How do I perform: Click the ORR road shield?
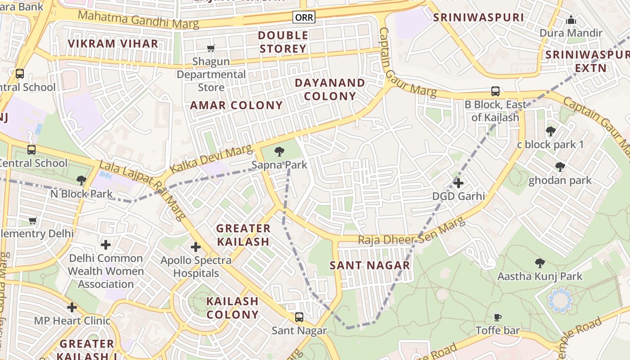(304, 17)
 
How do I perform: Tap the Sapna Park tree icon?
(279, 151)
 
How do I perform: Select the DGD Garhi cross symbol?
(458, 183)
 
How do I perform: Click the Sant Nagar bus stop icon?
(299, 317)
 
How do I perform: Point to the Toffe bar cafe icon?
(498, 317)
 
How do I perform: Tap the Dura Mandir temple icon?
(571, 20)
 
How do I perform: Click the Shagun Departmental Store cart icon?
(211, 48)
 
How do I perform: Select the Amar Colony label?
(236, 105)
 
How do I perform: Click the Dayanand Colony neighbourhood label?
(330, 90)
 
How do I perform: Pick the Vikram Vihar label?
(113, 44)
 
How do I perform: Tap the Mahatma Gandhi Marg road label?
(139, 20)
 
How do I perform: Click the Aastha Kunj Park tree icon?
(540, 263)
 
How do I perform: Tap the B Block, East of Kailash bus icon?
(495, 91)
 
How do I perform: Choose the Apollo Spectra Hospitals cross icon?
(196, 247)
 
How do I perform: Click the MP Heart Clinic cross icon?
(72, 308)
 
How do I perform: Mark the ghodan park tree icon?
(560, 167)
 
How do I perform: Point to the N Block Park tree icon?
(81, 180)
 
